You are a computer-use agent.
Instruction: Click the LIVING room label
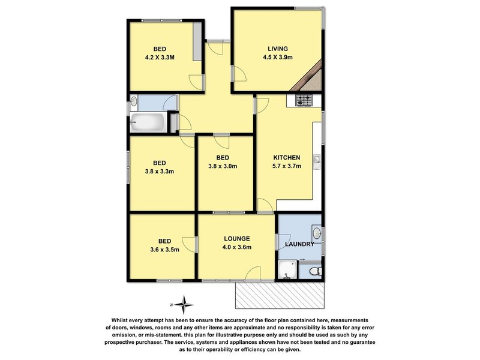pos(278,49)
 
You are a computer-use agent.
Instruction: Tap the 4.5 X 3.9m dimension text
pos(278,58)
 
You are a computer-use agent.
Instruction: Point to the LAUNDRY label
pos(300,244)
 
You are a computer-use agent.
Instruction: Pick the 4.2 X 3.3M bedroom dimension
pos(160,58)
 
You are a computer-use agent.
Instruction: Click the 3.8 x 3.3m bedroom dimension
pos(159,171)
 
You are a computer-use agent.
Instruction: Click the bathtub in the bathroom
pos(147,124)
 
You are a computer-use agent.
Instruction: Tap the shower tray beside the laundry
pos(287,271)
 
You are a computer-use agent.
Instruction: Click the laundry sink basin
pos(318,233)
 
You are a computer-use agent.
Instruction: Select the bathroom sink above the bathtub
pos(134,101)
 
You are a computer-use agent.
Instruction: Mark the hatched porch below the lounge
pos(280,293)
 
